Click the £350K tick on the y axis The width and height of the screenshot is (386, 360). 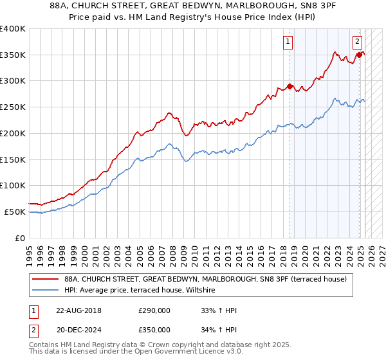coord(13,55)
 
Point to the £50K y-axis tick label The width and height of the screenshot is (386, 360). coord(15,212)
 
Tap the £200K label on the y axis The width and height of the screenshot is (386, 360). coord(13,133)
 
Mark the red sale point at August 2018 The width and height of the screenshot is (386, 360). coord(289,86)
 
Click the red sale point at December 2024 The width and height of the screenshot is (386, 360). coord(359,55)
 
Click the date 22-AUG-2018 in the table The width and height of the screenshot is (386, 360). coord(79,310)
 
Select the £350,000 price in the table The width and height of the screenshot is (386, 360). coord(154,329)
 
